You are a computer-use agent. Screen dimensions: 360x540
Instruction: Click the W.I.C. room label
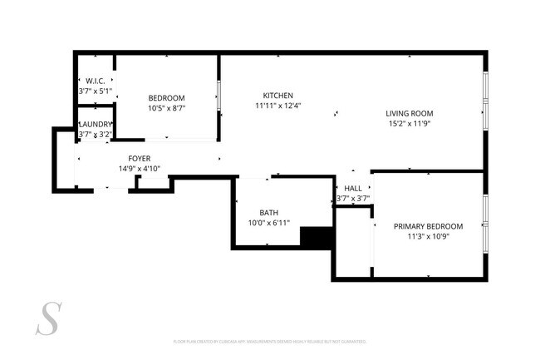(x=95, y=81)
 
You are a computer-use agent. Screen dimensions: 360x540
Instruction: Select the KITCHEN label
(x=277, y=95)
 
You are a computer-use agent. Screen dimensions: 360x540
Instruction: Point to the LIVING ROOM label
(x=409, y=114)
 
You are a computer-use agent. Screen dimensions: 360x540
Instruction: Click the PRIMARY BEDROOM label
(x=428, y=226)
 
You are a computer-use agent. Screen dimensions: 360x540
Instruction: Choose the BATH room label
(x=268, y=212)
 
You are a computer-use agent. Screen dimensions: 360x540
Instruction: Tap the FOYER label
(x=139, y=158)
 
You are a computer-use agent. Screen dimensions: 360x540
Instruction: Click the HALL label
(x=353, y=189)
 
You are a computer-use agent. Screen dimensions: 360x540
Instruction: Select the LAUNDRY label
(x=95, y=124)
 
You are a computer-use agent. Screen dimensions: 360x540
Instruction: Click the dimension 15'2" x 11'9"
(x=409, y=124)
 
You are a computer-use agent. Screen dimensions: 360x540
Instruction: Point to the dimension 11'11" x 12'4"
(x=277, y=106)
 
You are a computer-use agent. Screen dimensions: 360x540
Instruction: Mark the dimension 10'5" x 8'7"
(x=166, y=108)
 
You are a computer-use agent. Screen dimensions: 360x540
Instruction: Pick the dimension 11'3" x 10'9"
(x=428, y=236)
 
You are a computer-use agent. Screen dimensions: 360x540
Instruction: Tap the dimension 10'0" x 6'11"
(x=268, y=223)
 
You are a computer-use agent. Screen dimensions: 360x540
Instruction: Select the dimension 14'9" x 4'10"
(x=139, y=168)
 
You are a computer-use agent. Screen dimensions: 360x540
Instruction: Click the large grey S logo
(x=50, y=318)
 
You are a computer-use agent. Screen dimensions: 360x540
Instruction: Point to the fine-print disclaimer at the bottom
(x=270, y=341)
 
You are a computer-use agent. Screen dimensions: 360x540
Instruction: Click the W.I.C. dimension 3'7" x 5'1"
(x=95, y=91)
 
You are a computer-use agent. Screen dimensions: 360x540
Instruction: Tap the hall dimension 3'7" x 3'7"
(x=353, y=199)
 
